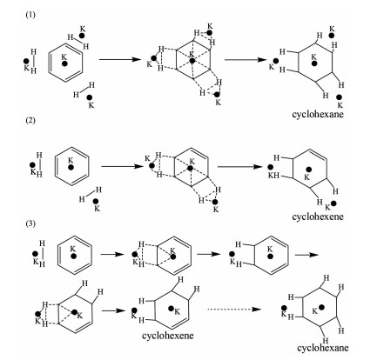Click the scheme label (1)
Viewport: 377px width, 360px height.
pyautogui.click(x=30, y=15)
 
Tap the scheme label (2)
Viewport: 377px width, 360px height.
pyautogui.click(x=30, y=120)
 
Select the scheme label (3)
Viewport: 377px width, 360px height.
pyautogui.click(x=30, y=223)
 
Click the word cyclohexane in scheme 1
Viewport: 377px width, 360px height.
pyautogui.click(x=318, y=114)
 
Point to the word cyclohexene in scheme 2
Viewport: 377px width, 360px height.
pyautogui.click(x=318, y=217)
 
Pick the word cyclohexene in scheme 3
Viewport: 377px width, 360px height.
pyautogui.click(x=168, y=336)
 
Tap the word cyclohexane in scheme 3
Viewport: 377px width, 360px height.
pyautogui.click(x=322, y=348)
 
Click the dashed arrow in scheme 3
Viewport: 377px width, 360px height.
pyautogui.click(x=234, y=310)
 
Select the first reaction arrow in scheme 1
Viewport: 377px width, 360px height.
pyautogui.click(x=120, y=59)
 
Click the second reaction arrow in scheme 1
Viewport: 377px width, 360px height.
pyautogui.click(x=246, y=60)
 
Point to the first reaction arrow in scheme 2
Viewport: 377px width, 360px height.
pyautogui.click(x=122, y=167)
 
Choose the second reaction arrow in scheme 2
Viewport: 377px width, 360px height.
pyautogui.click(x=239, y=167)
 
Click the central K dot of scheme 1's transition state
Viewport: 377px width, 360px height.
pyautogui.click(x=192, y=61)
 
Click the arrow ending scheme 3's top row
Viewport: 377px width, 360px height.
pyautogui.click(x=306, y=255)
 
